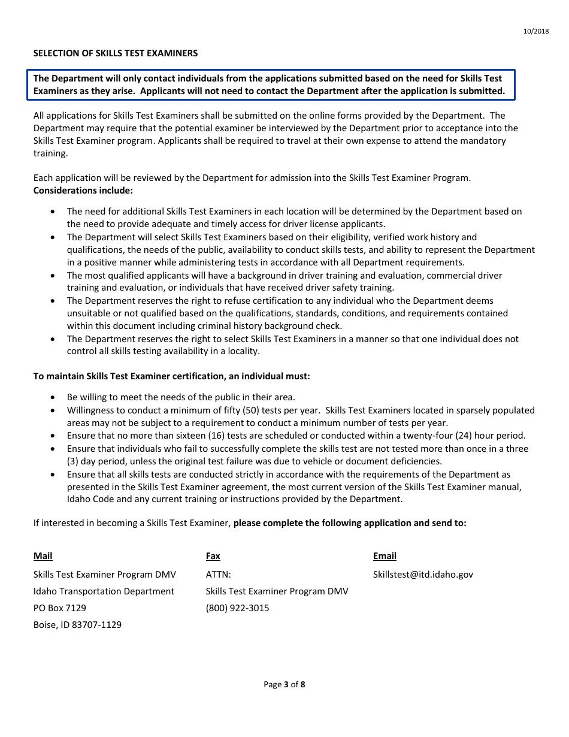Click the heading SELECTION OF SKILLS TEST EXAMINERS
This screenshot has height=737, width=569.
coord(115,53)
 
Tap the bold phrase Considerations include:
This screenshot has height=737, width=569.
coord(83,191)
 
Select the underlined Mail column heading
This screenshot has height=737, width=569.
coord(43,556)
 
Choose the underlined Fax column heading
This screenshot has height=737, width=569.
coord(213,556)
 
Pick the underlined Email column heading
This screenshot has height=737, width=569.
coord(385,556)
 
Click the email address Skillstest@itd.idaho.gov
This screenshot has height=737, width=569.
coord(423,575)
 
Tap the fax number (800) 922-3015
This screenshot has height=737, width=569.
coord(237,608)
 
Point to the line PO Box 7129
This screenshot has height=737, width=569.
coord(60,608)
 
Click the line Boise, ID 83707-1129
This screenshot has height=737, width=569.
coord(77,625)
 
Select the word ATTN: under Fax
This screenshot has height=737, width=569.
coord(218,575)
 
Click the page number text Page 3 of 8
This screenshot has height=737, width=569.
coord(284,684)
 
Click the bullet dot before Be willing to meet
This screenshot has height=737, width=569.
coord(54,397)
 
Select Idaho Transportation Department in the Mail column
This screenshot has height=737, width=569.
coord(104,591)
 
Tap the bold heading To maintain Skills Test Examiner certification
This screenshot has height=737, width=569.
coord(171,376)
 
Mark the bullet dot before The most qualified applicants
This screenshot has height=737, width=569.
coord(54,276)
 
